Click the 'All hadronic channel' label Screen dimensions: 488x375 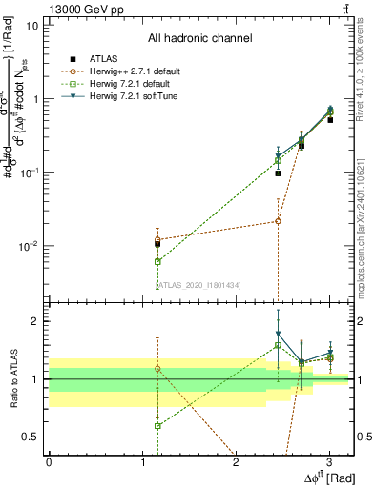point(199,38)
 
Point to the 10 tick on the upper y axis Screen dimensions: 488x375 point(31,25)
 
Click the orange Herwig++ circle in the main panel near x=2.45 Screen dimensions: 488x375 point(278,221)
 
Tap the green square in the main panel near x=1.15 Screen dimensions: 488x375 point(157,261)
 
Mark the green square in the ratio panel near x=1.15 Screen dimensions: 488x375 point(157,426)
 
